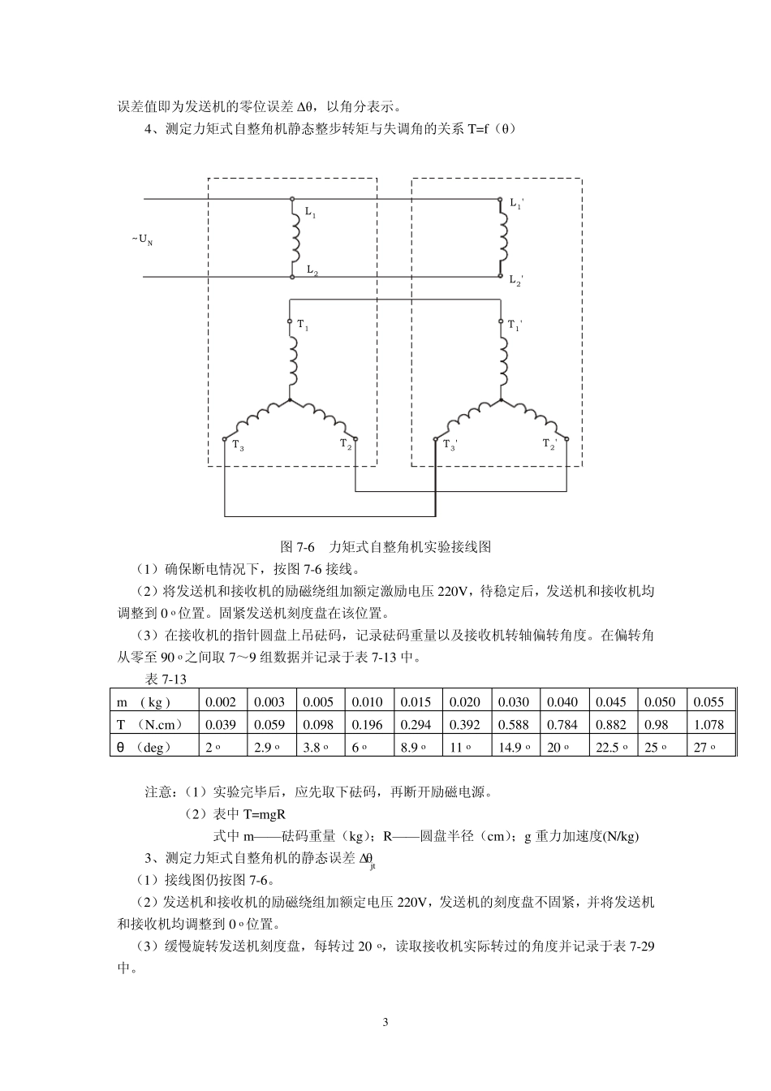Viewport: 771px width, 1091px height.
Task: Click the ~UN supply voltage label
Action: point(142,239)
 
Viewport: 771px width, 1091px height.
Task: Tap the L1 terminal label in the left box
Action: point(311,213)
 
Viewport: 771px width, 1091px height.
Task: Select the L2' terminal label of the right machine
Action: point(516,281)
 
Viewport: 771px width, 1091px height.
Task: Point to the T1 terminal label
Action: point(303,326)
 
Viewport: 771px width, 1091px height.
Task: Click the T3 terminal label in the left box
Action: point(238,446)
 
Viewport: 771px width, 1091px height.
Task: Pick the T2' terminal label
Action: point(549,445)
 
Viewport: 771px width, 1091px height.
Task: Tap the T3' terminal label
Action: point(450,446)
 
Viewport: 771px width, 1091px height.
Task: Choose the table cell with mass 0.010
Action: point(368,702)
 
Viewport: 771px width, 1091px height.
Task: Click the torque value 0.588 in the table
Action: point(513,725)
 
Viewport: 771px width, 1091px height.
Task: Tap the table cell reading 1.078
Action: point(710,725)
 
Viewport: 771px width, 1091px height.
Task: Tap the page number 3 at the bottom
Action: point(385,1022)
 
